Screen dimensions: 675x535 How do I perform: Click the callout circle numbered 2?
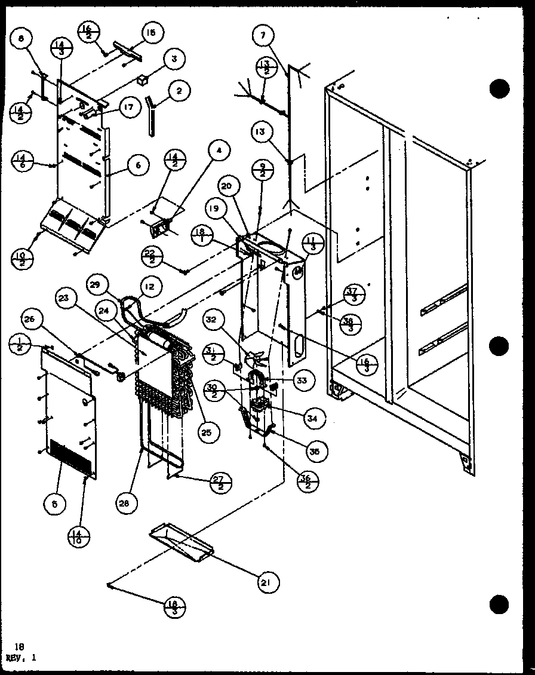click(179, 91)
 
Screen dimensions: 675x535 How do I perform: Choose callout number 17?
click(127, 108)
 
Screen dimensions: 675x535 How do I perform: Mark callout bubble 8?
click(21, 40)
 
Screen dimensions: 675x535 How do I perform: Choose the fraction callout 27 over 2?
click(221, 483)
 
